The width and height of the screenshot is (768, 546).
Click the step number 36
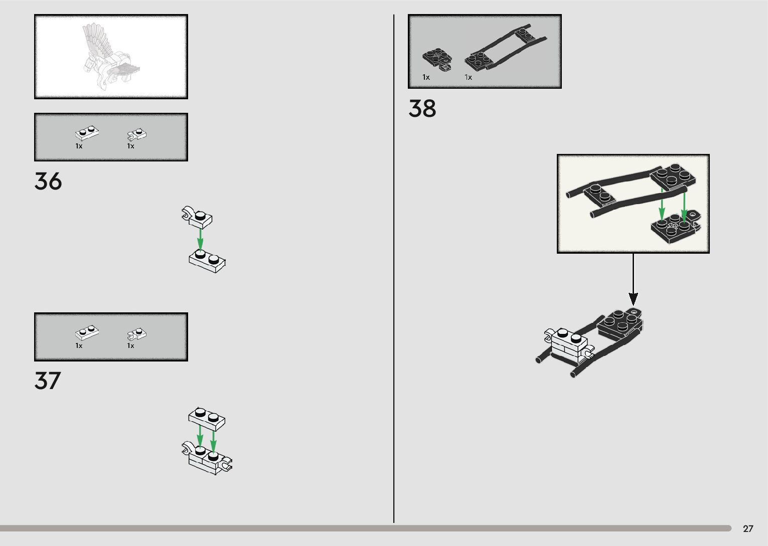pos(48,181)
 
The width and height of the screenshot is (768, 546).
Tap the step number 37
pos(48,381)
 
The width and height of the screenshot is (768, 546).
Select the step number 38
pos(422,109)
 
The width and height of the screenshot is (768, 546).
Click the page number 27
pos(748,529)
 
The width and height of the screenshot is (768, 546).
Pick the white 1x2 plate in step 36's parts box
pos(87,133)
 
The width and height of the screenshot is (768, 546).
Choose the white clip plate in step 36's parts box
pos(136,134)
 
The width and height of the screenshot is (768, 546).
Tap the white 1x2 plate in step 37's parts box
pos(87,332)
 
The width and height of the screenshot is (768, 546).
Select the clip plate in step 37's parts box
pos(136,333)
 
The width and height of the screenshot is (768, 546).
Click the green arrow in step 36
pos(200,240)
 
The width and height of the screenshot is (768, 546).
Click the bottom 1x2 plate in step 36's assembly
pos(207,261)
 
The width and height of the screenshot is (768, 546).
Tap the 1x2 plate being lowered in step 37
pos(207,419)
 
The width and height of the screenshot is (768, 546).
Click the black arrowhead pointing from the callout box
pos(634,299)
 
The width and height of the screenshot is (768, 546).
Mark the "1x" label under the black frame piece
pos(468,77)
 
